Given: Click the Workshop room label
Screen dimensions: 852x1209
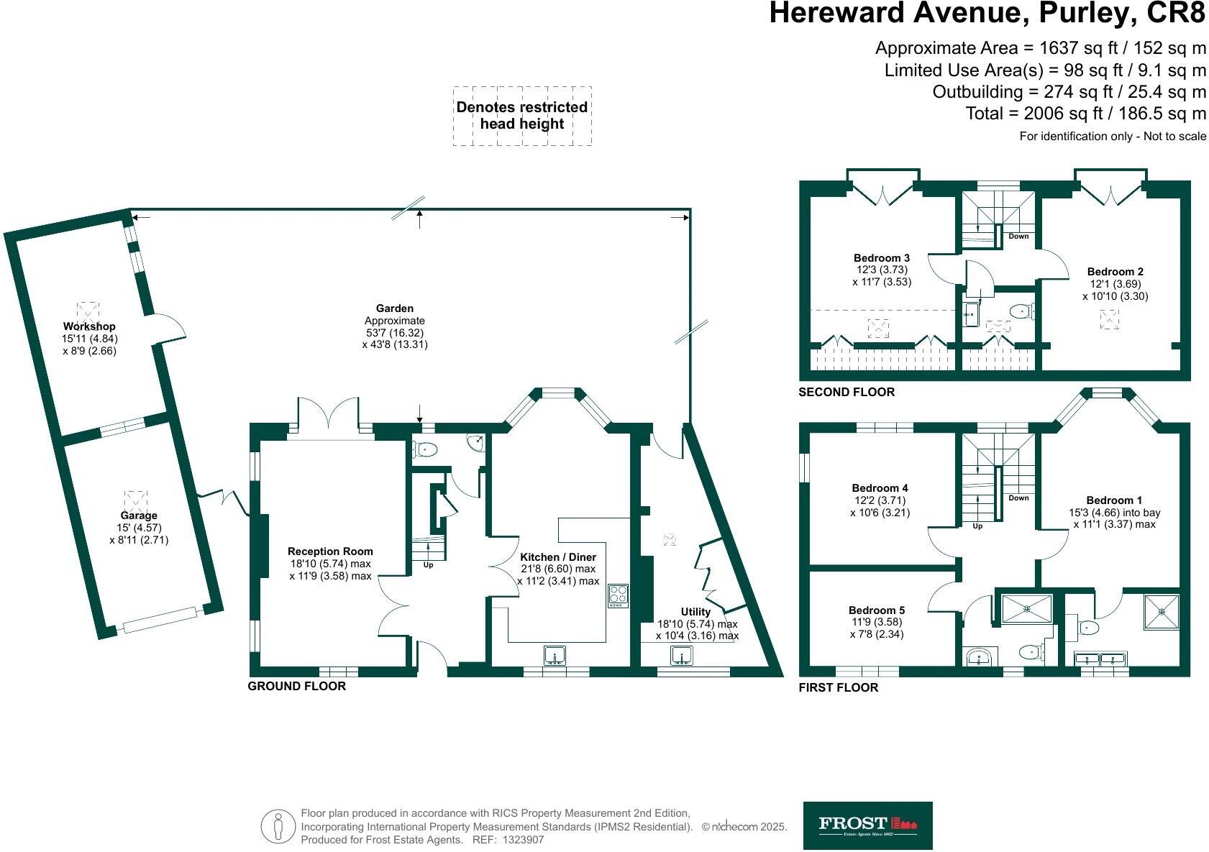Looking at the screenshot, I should pos(89,326).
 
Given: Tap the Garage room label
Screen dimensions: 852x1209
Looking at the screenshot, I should pos(139,516).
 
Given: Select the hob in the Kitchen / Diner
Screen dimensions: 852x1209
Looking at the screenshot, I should pos(618,595).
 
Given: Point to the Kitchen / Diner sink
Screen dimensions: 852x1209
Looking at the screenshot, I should pos(555,656).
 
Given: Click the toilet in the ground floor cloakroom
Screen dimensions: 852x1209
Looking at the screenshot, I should pos(426,450).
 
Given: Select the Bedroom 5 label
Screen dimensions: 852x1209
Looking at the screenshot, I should pos(876,610).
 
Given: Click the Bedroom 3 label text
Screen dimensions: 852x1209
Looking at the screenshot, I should pos(882,258).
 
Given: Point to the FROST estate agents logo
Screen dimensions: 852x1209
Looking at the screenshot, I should pos(867,825).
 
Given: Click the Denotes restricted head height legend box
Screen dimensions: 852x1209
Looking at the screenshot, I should pos(522,116).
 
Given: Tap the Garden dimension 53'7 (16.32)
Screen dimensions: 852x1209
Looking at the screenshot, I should pos(394,333).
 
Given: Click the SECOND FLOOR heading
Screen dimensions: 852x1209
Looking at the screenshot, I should pos(847,392).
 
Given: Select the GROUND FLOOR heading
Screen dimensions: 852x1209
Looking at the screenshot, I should pos(296,686).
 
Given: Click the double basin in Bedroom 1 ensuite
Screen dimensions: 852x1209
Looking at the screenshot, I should pos(1100,659).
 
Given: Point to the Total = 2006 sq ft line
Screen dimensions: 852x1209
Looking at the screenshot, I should pos(1085,114).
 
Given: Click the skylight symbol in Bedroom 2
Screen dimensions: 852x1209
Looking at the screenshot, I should pos(1109,319).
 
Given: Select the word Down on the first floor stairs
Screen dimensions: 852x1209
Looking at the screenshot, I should pos(1018,498).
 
